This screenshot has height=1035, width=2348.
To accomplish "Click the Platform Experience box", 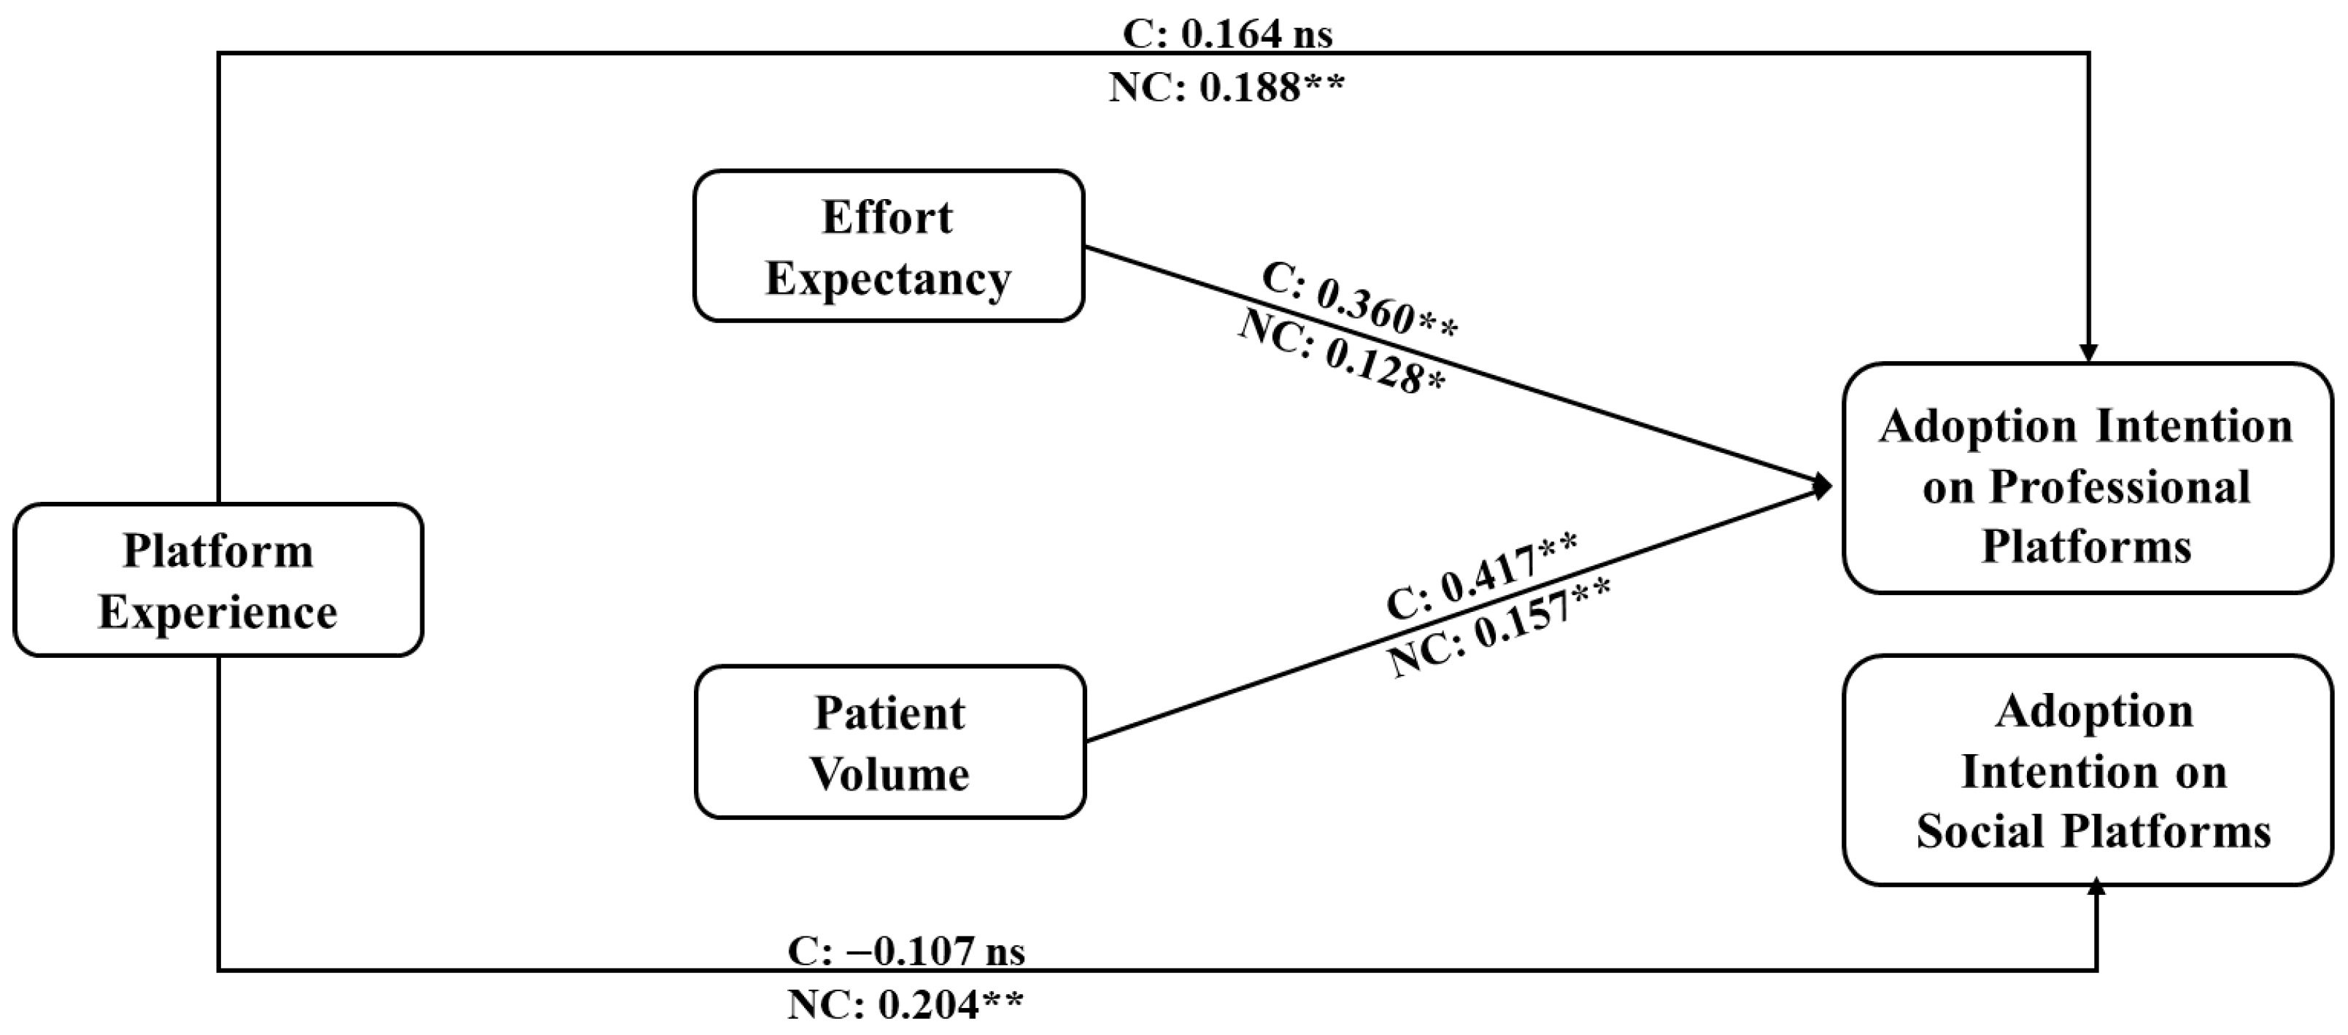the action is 219,579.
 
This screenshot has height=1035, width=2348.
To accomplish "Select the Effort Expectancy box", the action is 889,246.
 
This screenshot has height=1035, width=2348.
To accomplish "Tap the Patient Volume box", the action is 890,742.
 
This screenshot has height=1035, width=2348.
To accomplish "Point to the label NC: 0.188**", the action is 1227,88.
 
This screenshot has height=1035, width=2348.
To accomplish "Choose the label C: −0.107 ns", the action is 906,951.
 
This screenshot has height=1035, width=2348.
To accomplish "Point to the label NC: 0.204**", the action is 906,1005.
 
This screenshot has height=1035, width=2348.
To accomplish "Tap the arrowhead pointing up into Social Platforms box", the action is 2096,886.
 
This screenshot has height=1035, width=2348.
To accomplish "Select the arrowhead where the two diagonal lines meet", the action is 1823,487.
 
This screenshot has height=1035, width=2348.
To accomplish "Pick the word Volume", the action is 889,775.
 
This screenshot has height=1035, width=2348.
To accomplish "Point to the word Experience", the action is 218,612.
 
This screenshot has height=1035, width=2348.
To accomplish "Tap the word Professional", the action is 2119,487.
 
